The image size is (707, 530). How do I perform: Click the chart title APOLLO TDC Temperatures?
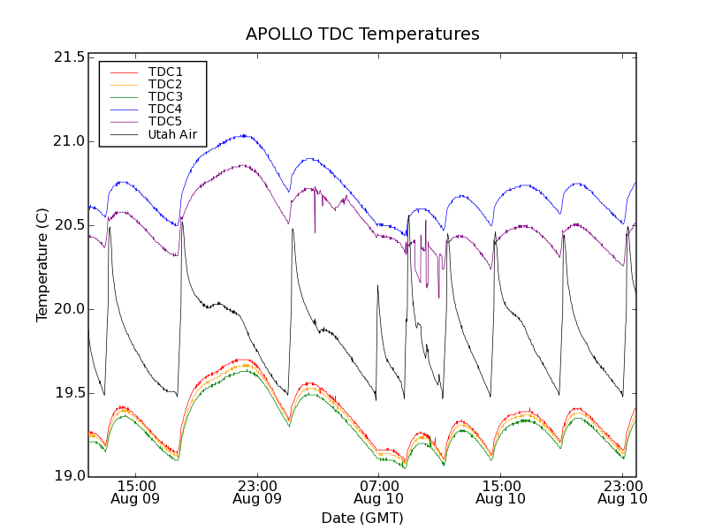(362, 34)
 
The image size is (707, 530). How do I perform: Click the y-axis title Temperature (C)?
(42, 265)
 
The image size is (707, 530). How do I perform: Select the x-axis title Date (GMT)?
(362, 518)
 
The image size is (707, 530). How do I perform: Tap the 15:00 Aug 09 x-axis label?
(136, 492)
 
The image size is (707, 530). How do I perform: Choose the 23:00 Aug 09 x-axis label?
(257, 492)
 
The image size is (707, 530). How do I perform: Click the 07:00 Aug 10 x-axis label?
(378, 492)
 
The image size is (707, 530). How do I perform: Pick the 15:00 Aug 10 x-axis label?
(500, 492)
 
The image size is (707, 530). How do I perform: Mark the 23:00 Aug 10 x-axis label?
(621, 492)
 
